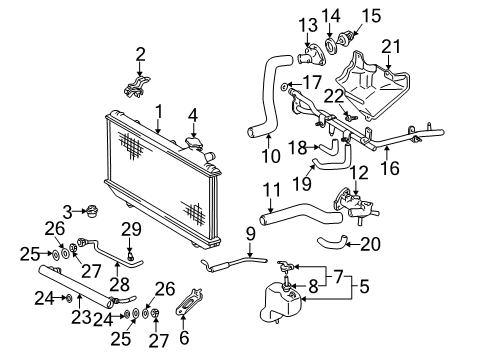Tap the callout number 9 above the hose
(250, 234)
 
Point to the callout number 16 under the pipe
(389, 169)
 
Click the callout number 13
(305, 23)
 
